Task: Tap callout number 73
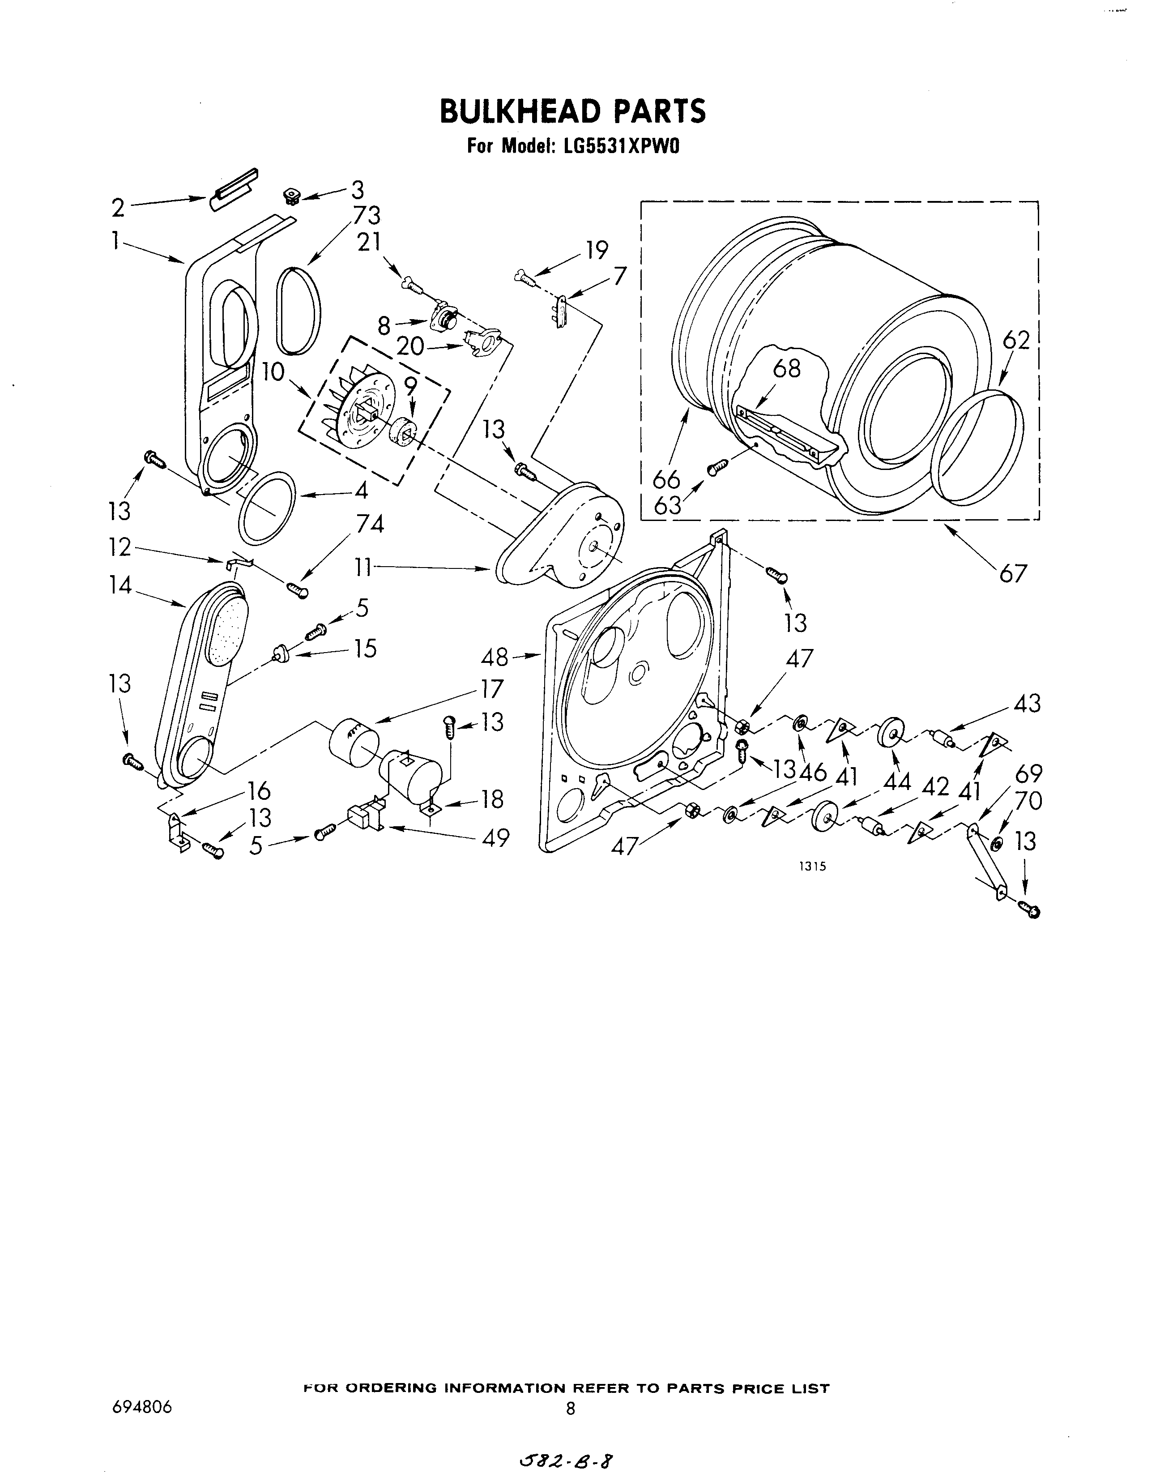(366, 215)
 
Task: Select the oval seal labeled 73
(298, 310)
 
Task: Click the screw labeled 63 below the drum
(718, 467)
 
